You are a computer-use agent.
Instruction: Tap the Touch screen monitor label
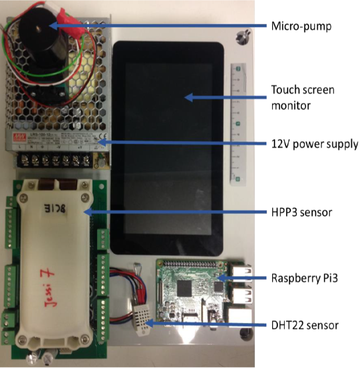pos(302,97)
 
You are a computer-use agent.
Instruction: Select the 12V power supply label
pos(314,144)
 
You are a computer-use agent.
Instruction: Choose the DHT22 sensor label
pos(305,324)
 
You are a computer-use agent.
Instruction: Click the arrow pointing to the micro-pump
pos(158,26)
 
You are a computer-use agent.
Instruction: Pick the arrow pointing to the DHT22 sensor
pos(208,323)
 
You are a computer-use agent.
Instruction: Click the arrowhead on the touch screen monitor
pos(190,97)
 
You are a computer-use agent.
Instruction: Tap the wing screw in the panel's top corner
pos(242,37)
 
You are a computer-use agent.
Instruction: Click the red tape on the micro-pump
pos(65,18)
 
